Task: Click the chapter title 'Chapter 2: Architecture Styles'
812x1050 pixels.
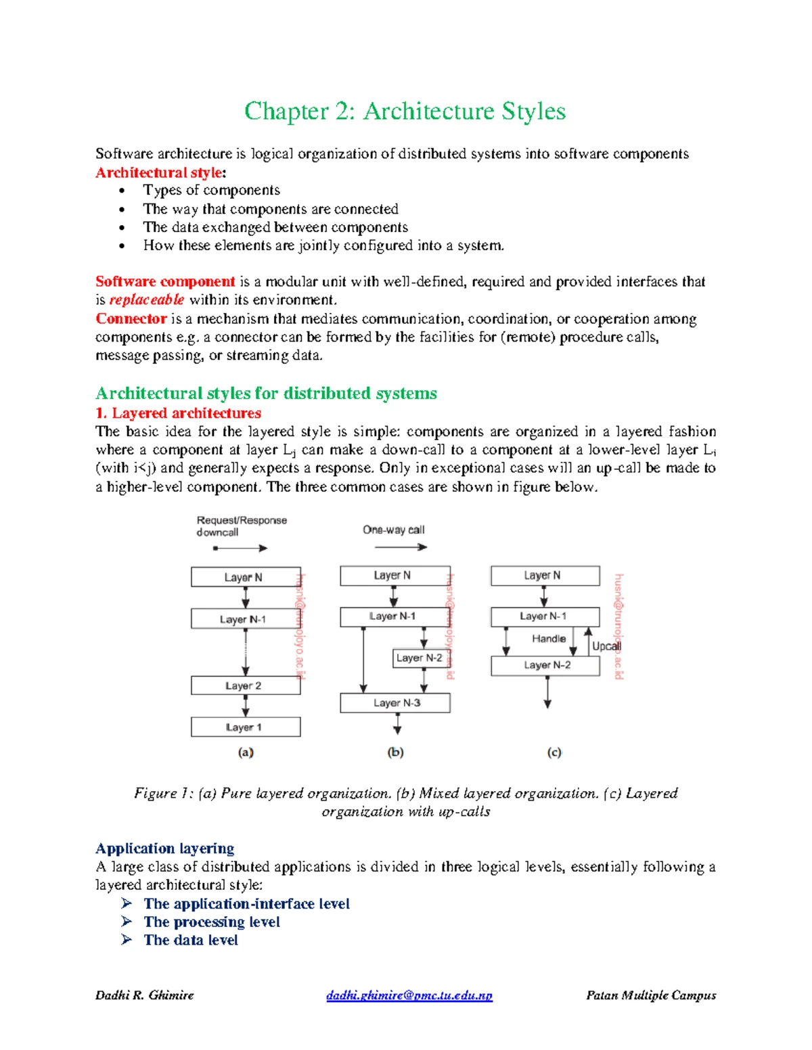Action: coord(405,112)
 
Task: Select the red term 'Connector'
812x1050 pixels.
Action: coord(131,318)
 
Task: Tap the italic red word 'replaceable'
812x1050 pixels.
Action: coord(146,300)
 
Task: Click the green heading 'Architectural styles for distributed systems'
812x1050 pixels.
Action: coord(266,393)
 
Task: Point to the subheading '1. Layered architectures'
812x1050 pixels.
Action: coord(178,412)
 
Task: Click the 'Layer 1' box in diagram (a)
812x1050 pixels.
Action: coord(246,727)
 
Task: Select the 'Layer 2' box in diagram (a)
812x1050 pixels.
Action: coord(246,686)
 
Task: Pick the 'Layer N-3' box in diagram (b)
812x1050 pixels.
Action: coord(395,703)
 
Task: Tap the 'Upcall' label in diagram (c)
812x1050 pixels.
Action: coord(606,646)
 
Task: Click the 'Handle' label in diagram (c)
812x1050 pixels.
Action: coord(548,638)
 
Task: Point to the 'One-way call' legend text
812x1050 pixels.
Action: coord(394,530)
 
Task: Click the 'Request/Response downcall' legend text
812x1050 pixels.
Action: coord(242,526)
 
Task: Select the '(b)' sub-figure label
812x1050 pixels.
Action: coord(395,752)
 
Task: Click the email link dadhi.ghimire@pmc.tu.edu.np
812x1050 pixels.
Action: coord(409,995)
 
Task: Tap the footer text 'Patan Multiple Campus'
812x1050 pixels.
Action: coord(651,995)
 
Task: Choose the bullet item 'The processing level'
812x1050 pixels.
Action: coord(211,922)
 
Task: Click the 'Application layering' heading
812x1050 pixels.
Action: coord(164,848)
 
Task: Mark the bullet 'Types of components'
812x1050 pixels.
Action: coord(211,190)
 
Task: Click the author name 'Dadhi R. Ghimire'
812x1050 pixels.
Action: coord(145,995)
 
